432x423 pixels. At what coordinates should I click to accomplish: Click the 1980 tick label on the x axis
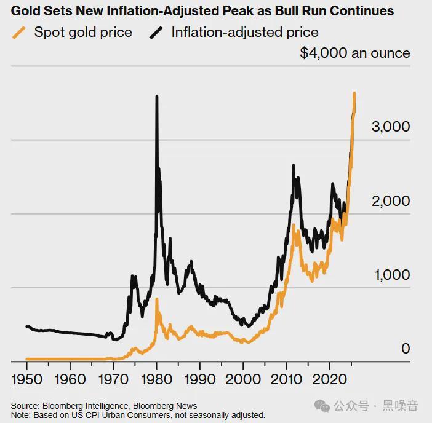coord(157,378)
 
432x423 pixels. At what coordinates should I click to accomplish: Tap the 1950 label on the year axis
coord(27,378)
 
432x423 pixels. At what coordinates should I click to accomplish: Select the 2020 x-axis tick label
coord(330,378)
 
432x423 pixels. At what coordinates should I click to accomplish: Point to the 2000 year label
coord(244,378)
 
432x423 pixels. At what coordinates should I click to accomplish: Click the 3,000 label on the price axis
coord(390,127)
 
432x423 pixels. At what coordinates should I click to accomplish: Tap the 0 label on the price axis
coord(406,349)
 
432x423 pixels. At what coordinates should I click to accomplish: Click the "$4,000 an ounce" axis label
coord(354,53)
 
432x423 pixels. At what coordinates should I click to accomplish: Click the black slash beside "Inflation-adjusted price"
coord(156,33)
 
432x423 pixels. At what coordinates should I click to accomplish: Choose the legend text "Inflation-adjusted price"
coord(245,32)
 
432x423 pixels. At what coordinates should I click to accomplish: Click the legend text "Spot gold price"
coord(83,32)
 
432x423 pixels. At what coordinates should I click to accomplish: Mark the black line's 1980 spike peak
coord(157,97)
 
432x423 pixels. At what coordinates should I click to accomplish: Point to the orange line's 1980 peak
coord(157,299)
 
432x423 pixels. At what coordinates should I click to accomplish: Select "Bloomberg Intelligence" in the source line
coord(77,406)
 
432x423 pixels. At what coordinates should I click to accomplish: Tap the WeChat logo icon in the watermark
coord(322,405)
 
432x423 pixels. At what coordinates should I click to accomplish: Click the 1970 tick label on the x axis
coord(113,378)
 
